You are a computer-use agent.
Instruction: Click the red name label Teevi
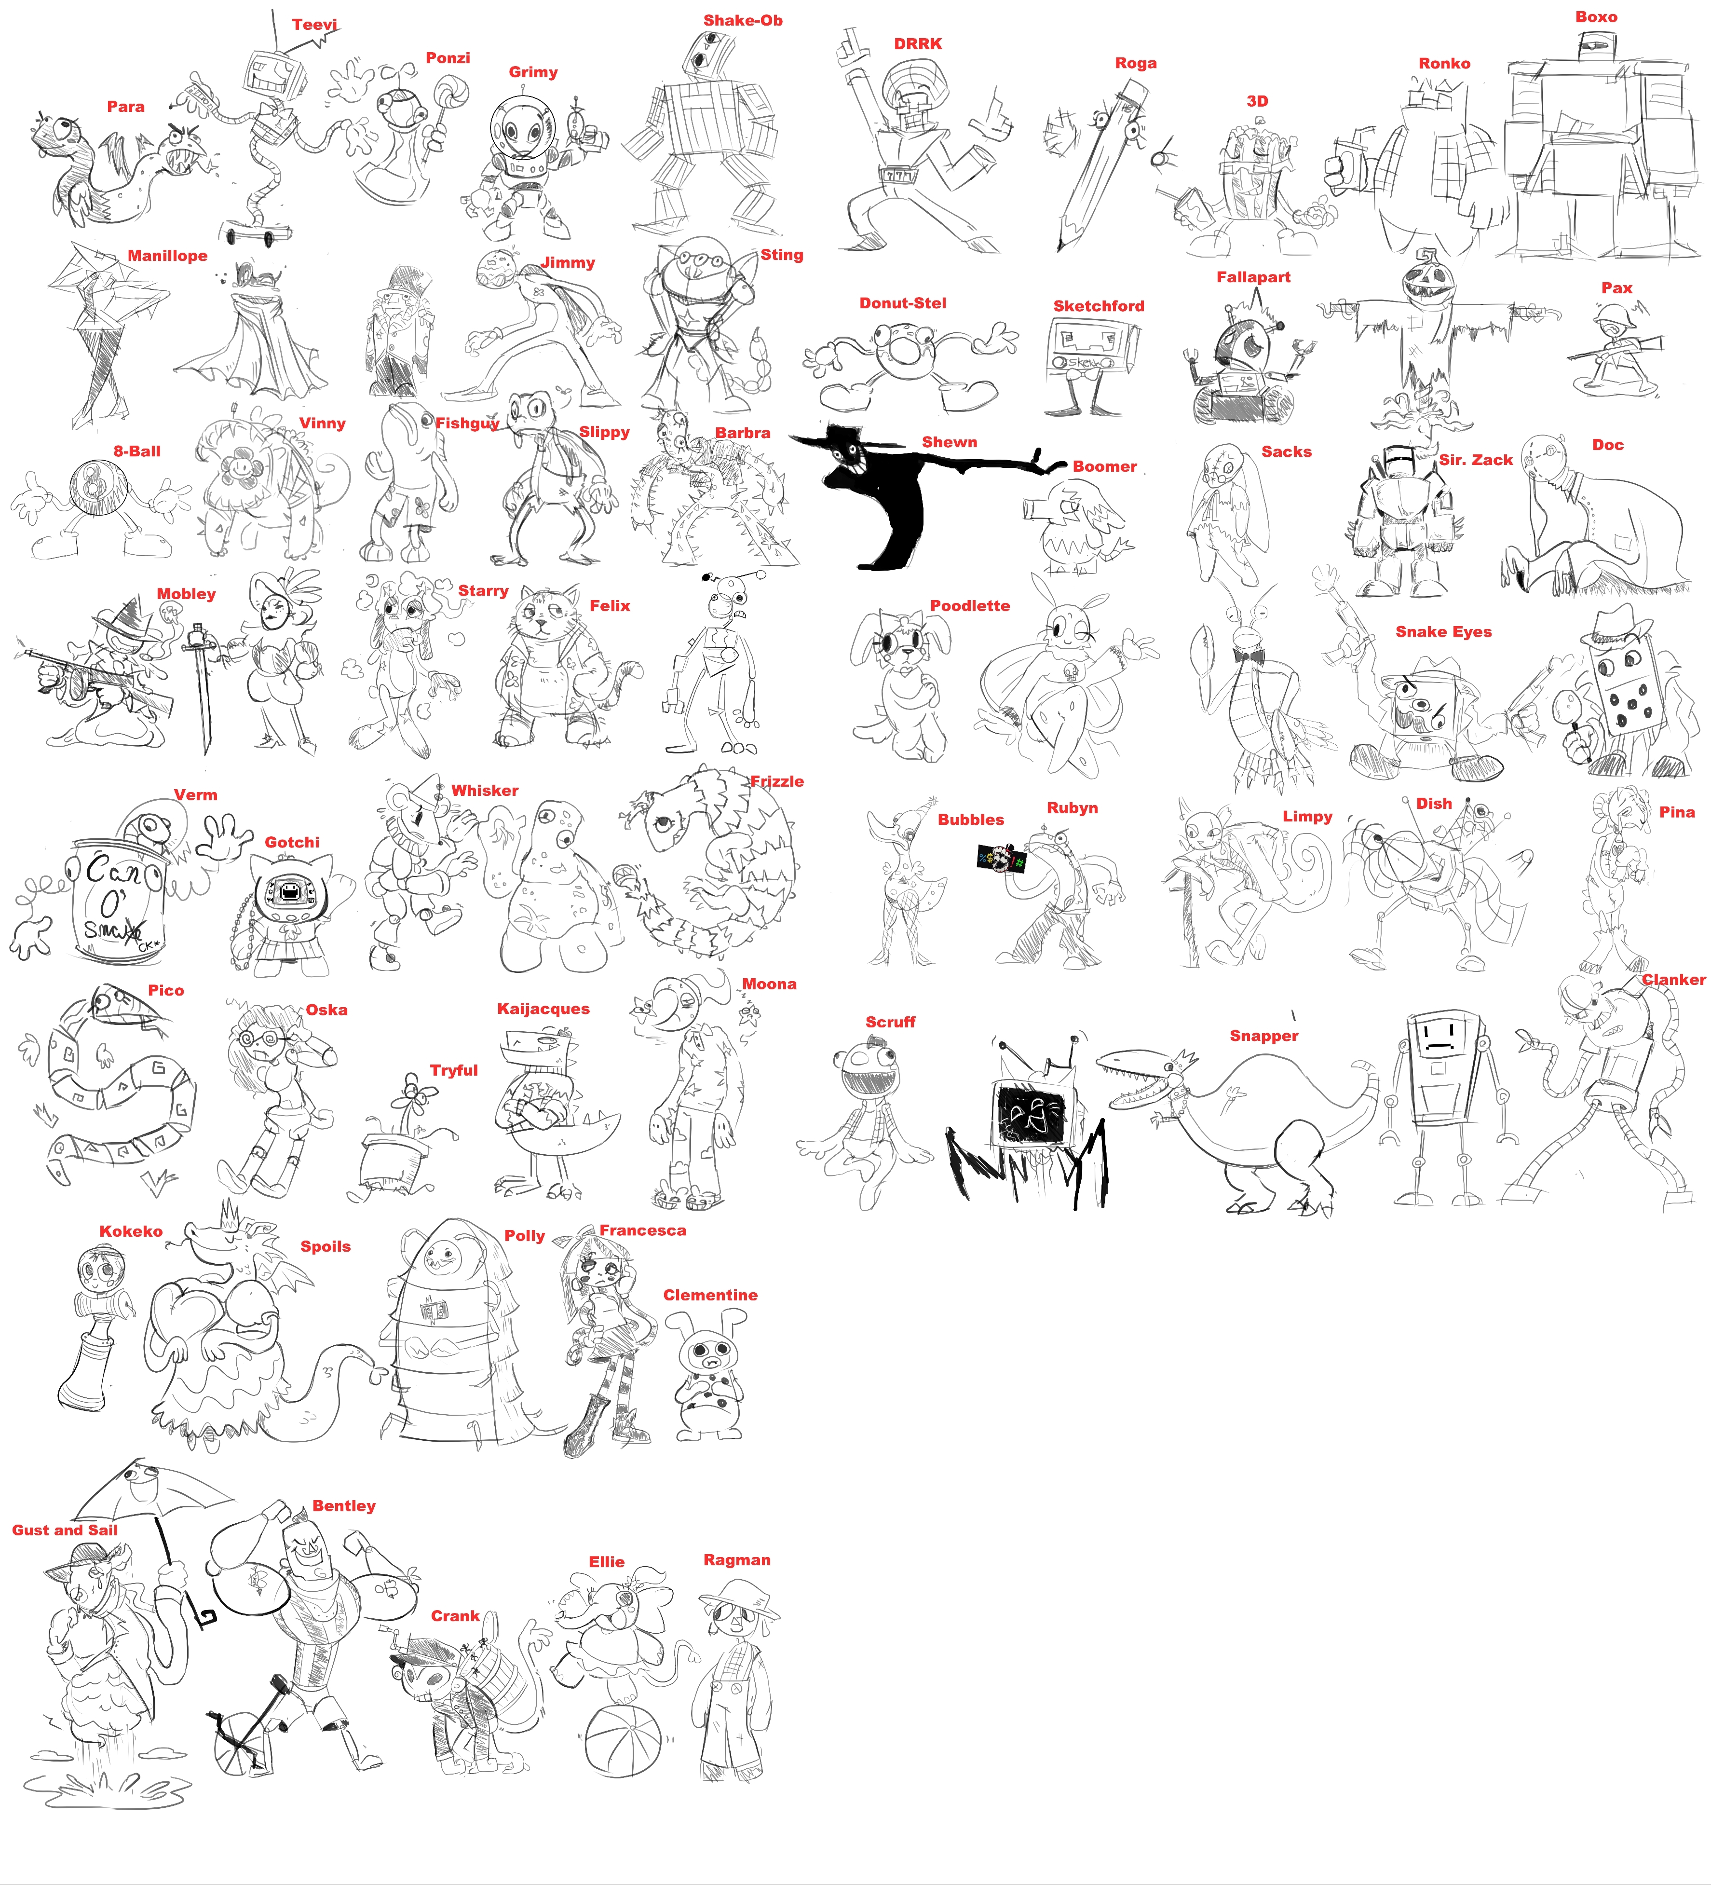point(314,24)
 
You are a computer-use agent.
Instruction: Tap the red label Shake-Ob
point(742,21)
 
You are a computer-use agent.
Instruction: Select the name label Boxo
point(1596,17)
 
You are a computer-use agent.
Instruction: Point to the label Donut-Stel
point(902,303)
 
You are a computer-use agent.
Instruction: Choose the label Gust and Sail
point(65,1530)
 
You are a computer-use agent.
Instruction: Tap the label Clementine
point(710,1295)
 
